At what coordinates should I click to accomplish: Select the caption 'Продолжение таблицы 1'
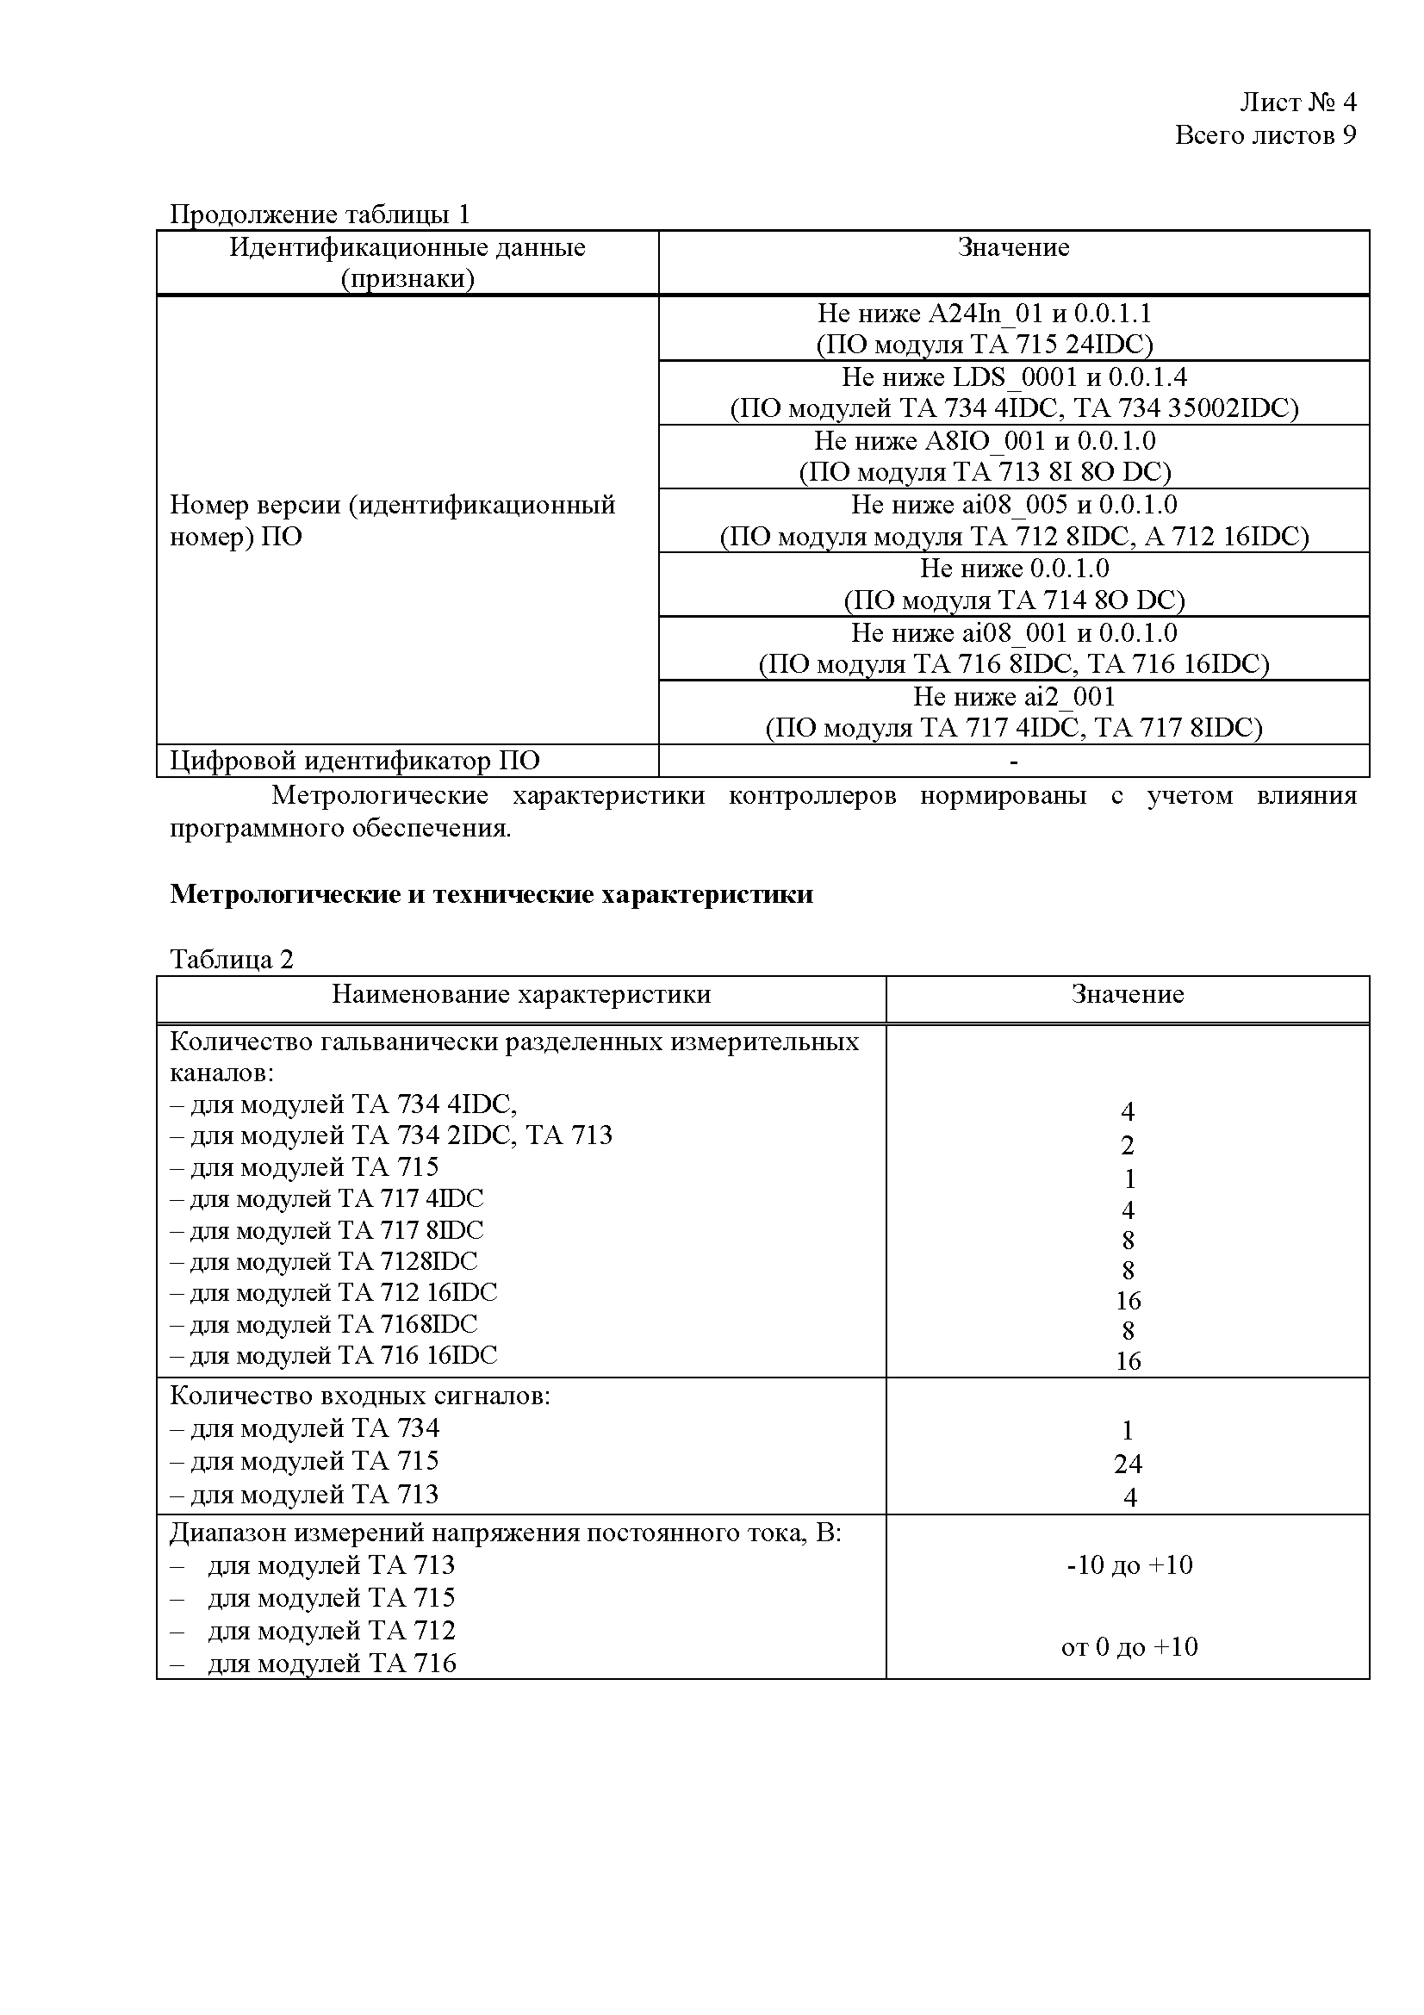320,215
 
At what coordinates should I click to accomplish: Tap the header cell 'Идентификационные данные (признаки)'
407,263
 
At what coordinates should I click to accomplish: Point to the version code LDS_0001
1015,377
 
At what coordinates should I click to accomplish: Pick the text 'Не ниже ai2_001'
1013,697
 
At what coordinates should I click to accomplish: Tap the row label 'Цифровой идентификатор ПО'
354,761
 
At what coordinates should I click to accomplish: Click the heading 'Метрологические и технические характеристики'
491,894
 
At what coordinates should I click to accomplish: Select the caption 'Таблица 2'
232,959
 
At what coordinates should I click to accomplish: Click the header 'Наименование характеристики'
521,994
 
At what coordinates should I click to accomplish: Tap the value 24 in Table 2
1128,1464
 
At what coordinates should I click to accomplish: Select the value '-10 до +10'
1129,1565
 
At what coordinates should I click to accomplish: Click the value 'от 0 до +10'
1129,1647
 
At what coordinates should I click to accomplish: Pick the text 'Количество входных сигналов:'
360,1396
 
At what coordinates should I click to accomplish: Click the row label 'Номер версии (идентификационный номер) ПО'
391,520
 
